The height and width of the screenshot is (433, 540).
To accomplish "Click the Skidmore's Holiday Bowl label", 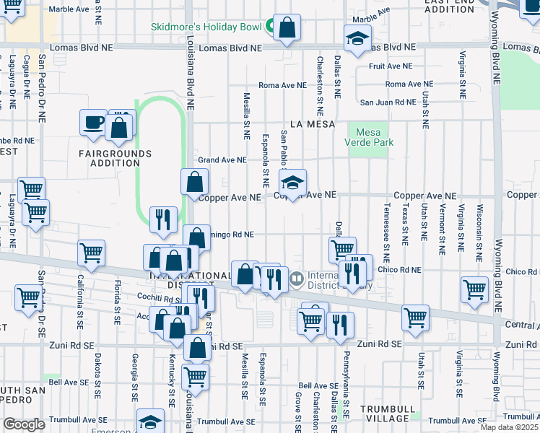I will click(206, 27).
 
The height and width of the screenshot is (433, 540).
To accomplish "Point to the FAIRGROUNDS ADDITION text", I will click(116, 158).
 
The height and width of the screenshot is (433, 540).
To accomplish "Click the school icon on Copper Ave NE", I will click(292, 183).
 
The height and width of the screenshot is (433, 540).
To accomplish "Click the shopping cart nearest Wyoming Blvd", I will click(474, 289).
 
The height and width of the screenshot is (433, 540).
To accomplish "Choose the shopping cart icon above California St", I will click(92, 253).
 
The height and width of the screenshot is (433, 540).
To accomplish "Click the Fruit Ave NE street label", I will click(390, 66).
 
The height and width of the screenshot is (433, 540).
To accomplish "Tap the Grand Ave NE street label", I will click(222, 160).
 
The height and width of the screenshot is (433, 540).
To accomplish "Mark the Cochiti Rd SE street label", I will click(156, 297).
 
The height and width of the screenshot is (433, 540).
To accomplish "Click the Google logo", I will click(24, 424).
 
